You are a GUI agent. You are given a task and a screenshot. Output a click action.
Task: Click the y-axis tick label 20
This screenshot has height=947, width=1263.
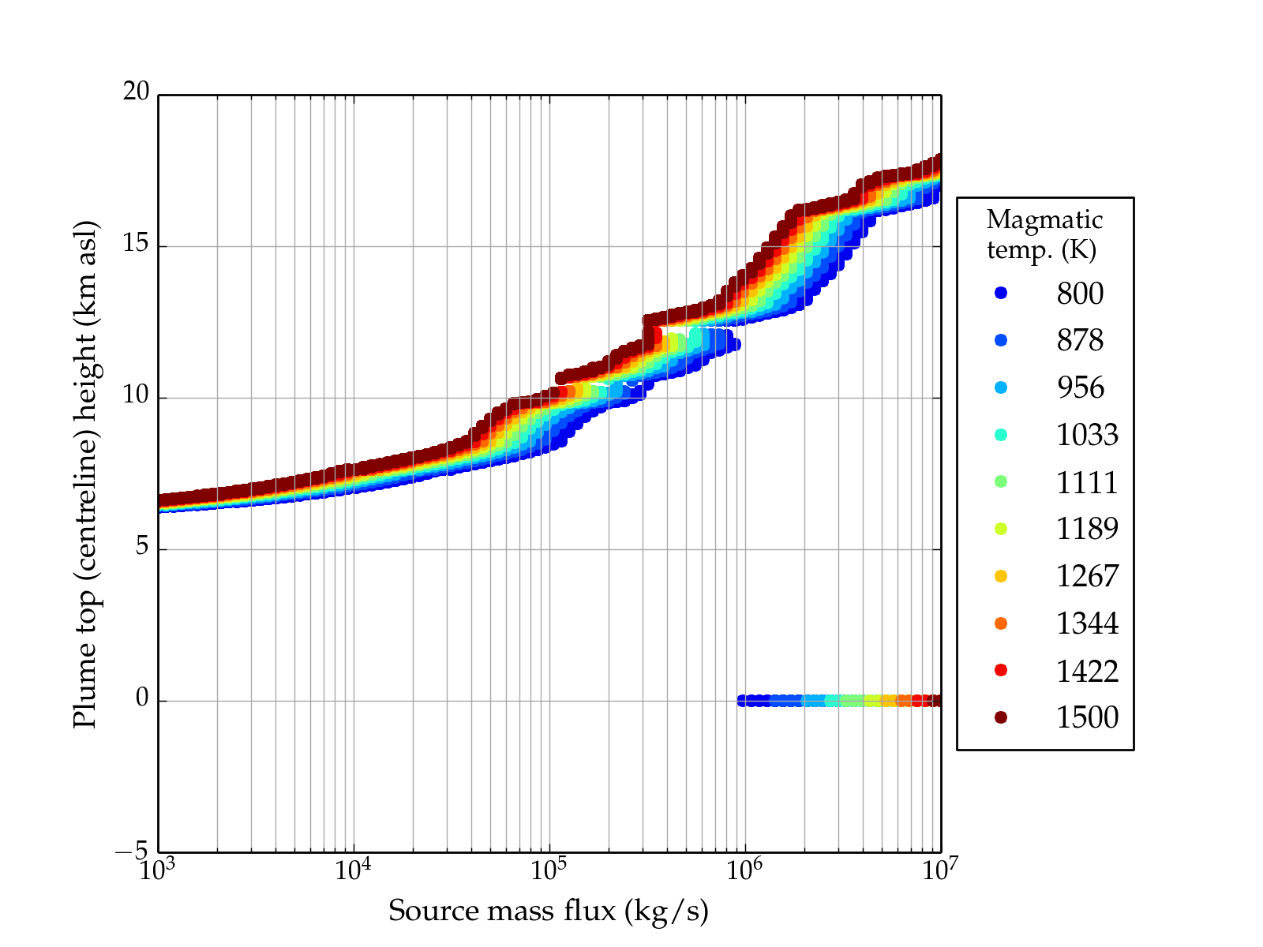[x=136, y=92]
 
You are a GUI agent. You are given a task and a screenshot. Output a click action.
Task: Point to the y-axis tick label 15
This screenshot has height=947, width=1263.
[x=136, y=244]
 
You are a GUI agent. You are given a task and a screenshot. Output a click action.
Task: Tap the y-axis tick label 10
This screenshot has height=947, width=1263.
[x=136, y=395]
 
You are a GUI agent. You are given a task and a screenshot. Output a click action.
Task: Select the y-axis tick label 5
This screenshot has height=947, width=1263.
[x=142, y=547]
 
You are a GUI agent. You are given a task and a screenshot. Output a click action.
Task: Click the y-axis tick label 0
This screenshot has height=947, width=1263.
[x=142, y=698]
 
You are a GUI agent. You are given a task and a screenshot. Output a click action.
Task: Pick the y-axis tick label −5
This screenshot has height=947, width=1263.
[x=132, y=851]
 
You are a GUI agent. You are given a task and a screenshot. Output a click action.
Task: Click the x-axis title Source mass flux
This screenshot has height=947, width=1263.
[x=549, y=911]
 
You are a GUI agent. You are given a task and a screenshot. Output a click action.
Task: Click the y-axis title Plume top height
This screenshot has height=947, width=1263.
[x=84, y=473]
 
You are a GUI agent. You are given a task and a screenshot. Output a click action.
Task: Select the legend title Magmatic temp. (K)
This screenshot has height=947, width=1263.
[x=1044, y=234]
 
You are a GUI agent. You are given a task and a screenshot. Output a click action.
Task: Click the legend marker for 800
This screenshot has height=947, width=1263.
[x=1001, y=293]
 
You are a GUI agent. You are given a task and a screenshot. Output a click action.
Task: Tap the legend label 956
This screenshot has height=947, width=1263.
[x=1080, y=387]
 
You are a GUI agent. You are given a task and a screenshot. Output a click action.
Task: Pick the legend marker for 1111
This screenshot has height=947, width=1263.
[x=1001, y=481]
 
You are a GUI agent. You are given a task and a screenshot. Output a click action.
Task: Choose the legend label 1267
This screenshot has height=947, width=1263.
[x=1087, y=576]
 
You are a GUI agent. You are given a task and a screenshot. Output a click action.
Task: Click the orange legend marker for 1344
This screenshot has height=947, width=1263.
[x=1001, y=623]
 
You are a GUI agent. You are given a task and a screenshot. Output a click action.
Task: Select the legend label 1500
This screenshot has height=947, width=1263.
[x=1087, y=717]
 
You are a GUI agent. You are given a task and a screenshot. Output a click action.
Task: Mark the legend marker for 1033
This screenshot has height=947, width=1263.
[x=1001, y=434]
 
